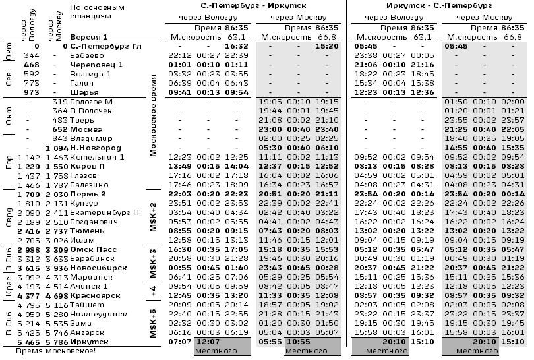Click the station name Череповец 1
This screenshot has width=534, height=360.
[x=96, y=65]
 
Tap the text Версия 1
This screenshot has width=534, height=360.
[x=88, y=37]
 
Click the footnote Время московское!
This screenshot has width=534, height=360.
[x=55, y=351]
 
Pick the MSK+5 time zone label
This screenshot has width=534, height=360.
[x=153, y=324]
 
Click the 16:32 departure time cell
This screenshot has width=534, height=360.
[x=235, y=46]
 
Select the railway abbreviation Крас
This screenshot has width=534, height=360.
[x=9, y=291]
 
